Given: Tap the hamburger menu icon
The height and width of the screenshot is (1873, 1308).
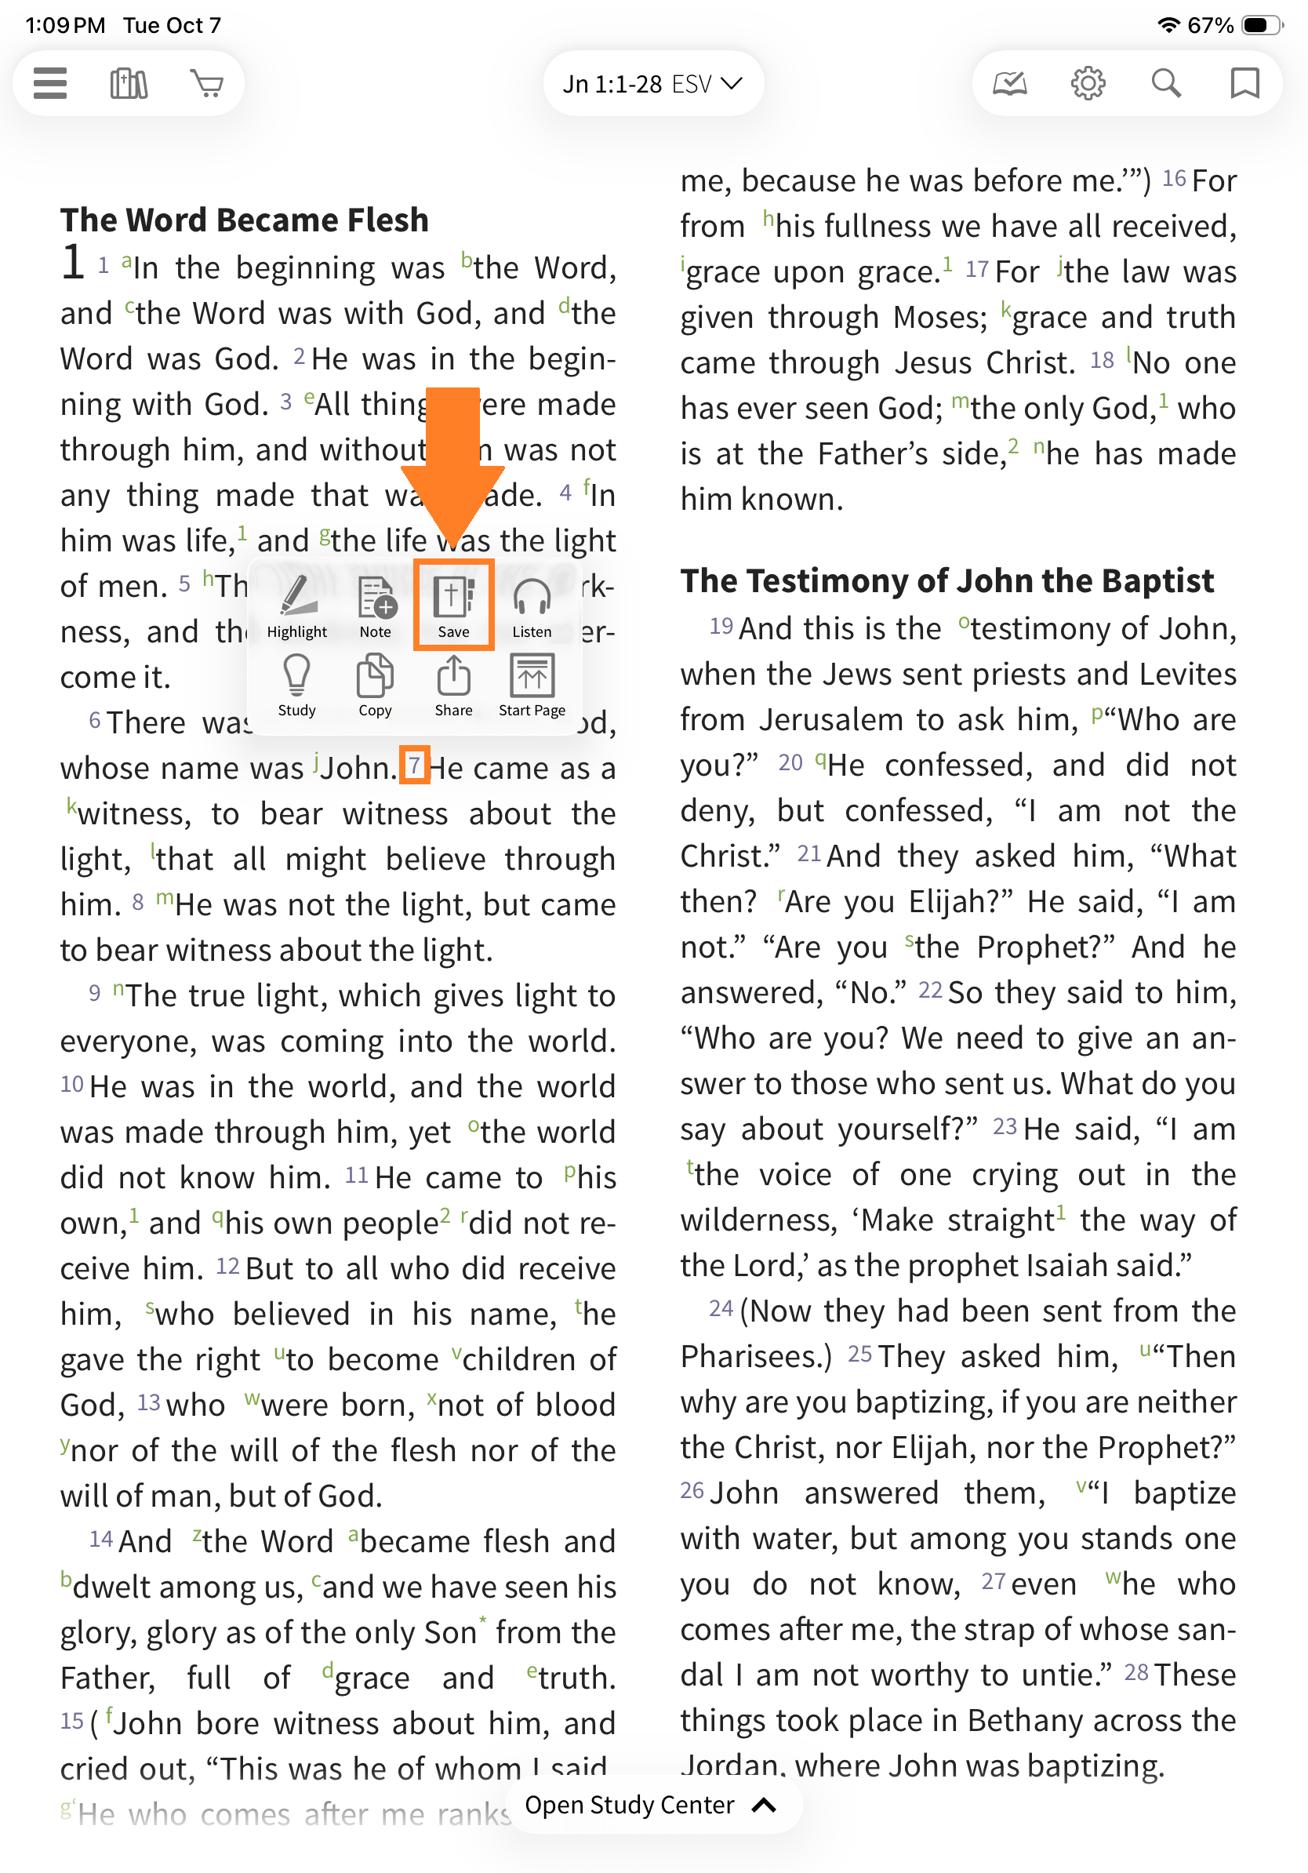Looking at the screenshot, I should pos(49,83).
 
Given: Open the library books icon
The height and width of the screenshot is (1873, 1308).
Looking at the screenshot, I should pos(129,83).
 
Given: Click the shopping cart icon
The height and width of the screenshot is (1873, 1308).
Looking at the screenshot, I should pos(207,83).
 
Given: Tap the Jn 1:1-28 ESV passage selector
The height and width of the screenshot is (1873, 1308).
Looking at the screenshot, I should pos(652,84).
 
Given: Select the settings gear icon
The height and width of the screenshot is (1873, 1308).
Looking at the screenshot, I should pos(1088,83).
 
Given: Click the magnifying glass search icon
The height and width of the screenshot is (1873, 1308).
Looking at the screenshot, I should pos(1166,83).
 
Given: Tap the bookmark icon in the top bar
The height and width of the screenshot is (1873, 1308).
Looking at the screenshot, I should pos(1244,83).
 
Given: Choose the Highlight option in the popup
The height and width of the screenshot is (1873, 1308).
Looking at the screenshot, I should pos(297,606).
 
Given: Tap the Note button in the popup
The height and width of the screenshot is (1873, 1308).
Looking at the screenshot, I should pos(375,606).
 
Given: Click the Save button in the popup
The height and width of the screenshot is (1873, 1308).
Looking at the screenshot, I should pos(453,606).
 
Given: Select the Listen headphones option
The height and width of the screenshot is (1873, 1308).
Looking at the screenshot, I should pos(532,606).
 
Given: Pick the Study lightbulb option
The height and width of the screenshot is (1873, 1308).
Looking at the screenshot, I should pos(297,686).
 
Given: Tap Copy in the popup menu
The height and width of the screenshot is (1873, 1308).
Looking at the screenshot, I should pos(375,686).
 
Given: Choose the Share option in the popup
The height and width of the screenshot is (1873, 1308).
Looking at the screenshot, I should pos(453,686).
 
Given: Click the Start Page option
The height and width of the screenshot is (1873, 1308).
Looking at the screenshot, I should pos(532,686).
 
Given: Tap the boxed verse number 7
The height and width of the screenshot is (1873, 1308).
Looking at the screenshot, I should pos(414,766).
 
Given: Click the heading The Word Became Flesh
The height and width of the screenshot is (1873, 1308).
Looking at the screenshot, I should pos(245,220).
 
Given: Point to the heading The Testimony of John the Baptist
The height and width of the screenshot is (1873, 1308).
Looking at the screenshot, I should pos(946,581).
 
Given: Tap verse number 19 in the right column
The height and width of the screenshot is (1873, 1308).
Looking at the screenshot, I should pos(721,627).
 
